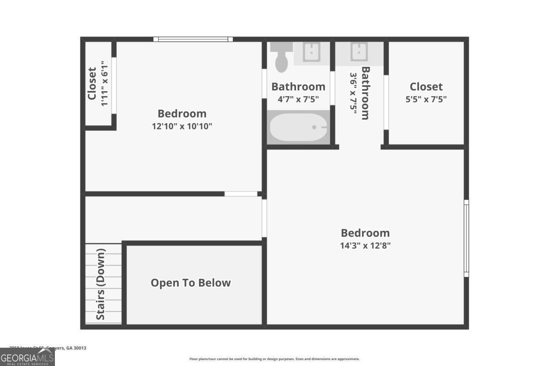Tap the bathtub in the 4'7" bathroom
(299, 128)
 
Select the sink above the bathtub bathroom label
(312, 52)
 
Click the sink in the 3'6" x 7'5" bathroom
(359, 52)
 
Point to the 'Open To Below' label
(191, 283)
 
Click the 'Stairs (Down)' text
(101, 284)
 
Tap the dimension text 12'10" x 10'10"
(182, 126)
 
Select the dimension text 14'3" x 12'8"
(365, 245)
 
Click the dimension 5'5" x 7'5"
(426, 99)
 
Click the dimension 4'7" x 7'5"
(298, 99)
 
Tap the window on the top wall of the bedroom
(193, 39)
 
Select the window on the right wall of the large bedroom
(466, 238)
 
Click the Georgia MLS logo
(27, 357)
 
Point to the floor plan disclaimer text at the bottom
(274, 359)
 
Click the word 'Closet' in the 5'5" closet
(426, 86)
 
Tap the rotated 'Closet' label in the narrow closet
(92, 84)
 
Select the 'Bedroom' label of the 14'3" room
(365, 233)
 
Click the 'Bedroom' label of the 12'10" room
(182, 113)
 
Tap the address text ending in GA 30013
(48, 348)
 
